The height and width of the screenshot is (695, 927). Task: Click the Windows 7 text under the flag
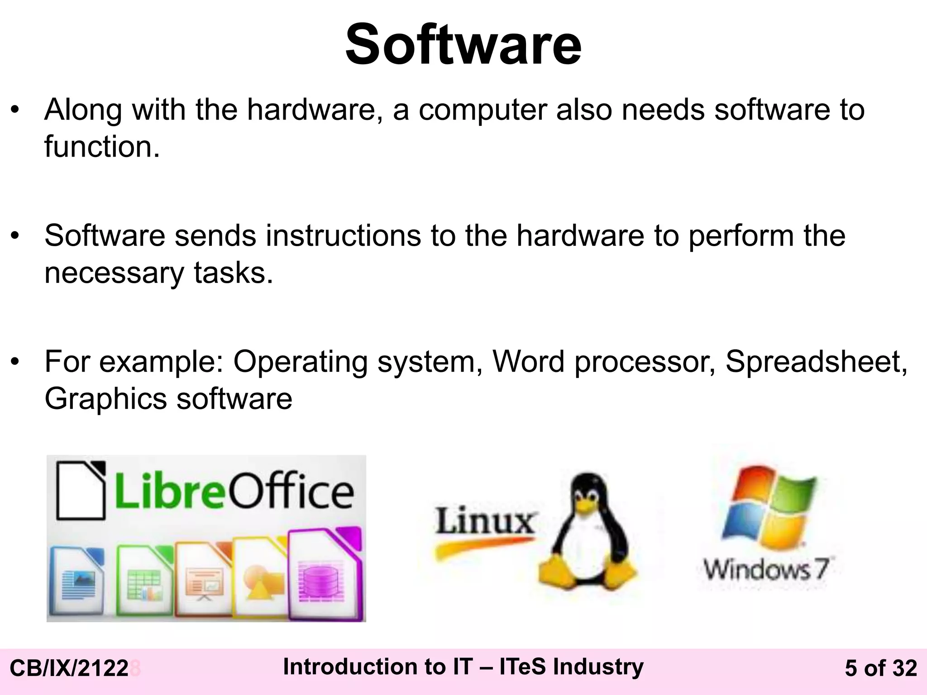pos(767,569)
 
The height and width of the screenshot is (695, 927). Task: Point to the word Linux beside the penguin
pos(485,521)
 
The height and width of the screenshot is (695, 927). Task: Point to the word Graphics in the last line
pos(106,399)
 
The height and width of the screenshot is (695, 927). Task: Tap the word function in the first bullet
pos(102,147)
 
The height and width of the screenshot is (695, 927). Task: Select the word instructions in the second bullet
pos(343,236)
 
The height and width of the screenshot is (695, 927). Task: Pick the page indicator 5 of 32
pos(881,668)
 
